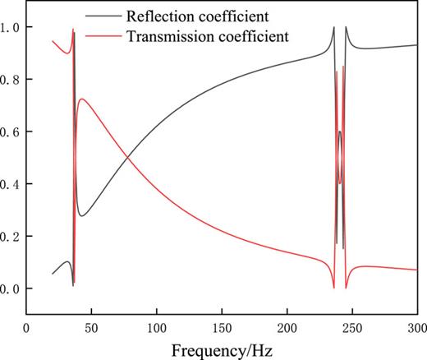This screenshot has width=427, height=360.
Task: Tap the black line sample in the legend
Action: (104, 15)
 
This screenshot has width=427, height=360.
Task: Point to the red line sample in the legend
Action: (104, 36)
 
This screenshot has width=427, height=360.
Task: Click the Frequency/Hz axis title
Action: (222, 348)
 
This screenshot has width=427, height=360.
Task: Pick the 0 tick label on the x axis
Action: (27, 326)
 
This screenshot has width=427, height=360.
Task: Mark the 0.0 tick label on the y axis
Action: (12, 289)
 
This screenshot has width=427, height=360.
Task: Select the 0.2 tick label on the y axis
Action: (12, 237)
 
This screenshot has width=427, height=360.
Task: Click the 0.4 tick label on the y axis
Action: (12, 184)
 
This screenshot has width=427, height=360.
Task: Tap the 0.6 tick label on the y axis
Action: (12, 132)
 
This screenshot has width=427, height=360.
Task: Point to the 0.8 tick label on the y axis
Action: (12, 80)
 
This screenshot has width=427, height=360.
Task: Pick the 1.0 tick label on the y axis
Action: (12, 27)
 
